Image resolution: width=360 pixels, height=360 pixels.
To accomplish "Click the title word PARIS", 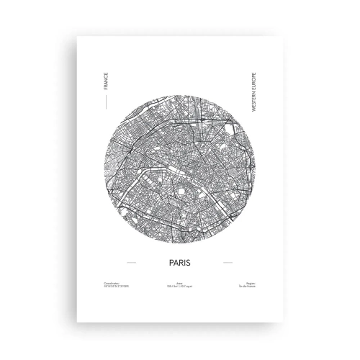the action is [179, 264].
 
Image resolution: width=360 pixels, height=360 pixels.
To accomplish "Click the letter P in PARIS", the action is [168, 264].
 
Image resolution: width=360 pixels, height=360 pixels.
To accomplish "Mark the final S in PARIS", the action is [191, 264].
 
